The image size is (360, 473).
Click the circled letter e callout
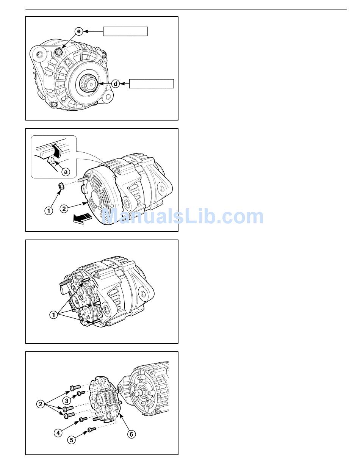pyautogui.click(x=79, y=31)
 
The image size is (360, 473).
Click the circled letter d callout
pyautogui.click(x=116, y=84)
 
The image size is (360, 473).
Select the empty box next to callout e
pyautogui.click(x=125, y=31)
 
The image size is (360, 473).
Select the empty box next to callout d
pyautogui.click(x=152, y=84)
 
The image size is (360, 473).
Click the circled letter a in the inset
pyautogui.click(x=66, y=172)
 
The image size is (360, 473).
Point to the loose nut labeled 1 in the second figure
pyautogui.click(x=61, y=186)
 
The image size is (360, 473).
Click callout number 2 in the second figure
pyautogui.click(x=64, y=208)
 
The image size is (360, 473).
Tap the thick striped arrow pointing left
pyautogui.click(x=82, y=219)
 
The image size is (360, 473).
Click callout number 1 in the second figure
pyautogui.click(x=49, y=210)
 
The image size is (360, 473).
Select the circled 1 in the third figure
pyautogui.click(x=53, y=315)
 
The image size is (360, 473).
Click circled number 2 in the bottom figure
pyautogui.click(x=41, y=404)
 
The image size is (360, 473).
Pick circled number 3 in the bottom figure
pyautogui.click(x=67, y=401)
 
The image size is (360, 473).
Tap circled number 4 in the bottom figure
pyautogui.click(x=58, y=432)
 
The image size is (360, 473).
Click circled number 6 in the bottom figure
pyautogui.click(x=131, y=434)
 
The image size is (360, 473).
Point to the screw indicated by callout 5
pyautogui.click(x=92, y=430)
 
